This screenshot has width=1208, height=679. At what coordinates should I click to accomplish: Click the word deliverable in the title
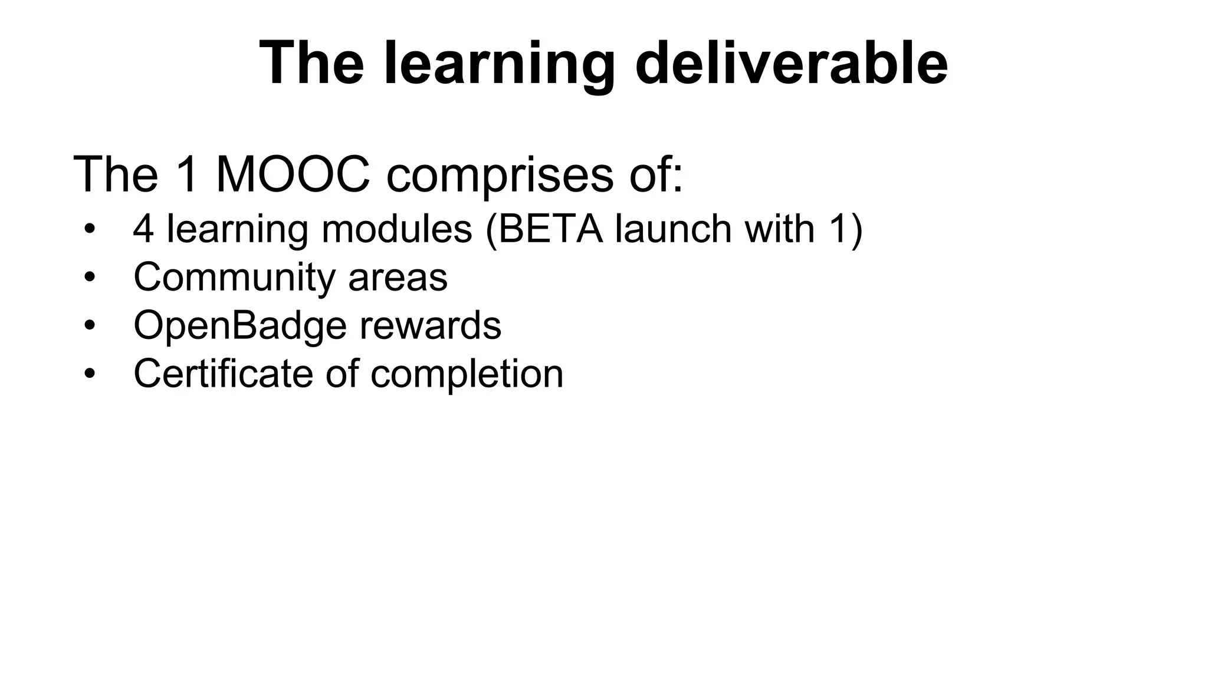click(791, 64)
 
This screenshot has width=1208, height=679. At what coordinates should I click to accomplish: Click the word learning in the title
click(499, 64)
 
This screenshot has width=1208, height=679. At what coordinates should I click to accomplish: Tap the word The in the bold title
click(311, 64)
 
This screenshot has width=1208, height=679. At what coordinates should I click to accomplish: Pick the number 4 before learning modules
click(143, 229)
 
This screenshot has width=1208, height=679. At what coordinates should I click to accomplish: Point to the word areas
click(398, 277)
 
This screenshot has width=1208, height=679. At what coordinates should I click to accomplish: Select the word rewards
click(430, 325)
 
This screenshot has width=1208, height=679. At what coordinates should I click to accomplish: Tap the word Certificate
click(223, 374)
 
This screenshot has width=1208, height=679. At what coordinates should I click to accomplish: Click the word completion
click(467, 374)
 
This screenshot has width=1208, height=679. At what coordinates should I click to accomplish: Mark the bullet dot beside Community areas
click(89, 277)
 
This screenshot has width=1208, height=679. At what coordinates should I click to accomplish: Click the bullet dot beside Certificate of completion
click(89, 374)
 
